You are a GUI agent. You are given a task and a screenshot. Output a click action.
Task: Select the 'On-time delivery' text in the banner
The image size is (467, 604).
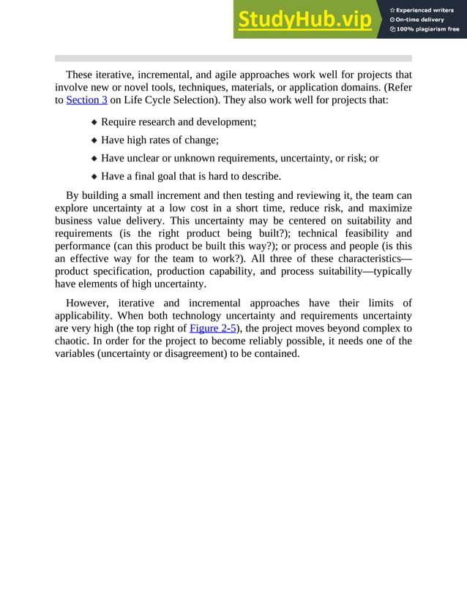click(421, 19)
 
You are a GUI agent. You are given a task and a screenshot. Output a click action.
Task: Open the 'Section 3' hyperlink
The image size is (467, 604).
click(86, 99)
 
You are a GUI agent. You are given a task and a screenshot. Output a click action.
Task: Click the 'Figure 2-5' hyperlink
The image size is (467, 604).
click(212, 328)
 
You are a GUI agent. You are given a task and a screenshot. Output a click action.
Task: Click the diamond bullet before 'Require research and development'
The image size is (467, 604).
click(94, 123)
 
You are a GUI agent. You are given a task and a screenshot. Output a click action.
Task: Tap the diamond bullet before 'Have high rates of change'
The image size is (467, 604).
click(94, 140)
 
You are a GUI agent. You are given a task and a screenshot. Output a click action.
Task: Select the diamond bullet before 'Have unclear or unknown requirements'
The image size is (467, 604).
click(94, 159)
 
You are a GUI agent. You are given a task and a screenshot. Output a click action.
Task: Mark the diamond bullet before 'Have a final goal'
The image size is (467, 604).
click(94, 176)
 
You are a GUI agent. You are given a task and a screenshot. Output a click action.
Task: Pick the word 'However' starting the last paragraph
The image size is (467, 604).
click(87, 303)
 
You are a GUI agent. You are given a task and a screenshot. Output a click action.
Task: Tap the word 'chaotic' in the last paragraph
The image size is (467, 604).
click(74, 341)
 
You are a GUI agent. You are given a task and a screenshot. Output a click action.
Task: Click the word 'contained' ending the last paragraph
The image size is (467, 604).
click(276, 353)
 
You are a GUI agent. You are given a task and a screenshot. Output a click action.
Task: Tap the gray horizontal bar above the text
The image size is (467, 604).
click(233, 58)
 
